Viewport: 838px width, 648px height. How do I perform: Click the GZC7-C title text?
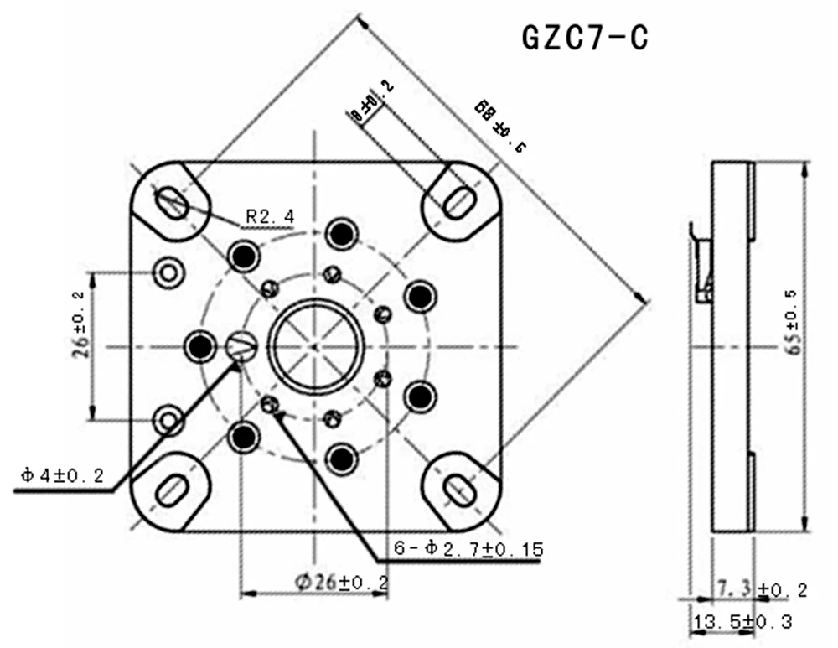point(585,38)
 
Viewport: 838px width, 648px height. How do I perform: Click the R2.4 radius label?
point(269,217)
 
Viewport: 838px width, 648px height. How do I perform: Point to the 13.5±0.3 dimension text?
point(741,623)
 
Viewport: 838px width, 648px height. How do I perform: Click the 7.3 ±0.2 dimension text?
point(762,590)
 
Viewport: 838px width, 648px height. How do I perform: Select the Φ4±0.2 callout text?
point(63,476)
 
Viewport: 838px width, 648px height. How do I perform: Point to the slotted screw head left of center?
point(241,346)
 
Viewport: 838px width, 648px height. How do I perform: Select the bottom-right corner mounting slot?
point(459,487)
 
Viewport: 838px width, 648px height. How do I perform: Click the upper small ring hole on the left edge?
point(168,272)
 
